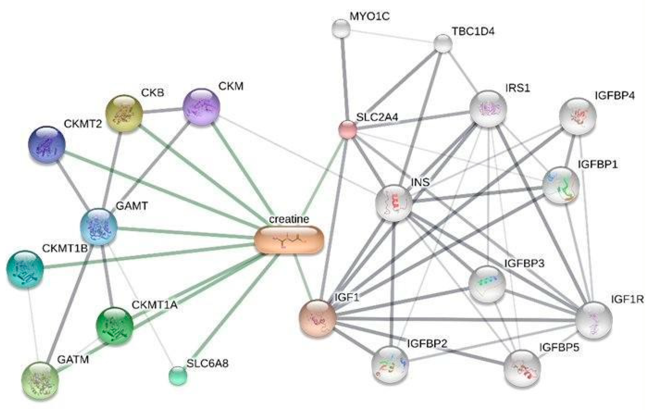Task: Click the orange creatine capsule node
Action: [289, 240]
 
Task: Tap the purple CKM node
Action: [201, 107]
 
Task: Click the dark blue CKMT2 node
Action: [47, 144]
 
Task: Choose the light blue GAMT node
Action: [99, 226]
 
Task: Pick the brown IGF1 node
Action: [318, 318]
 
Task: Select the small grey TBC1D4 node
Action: [443, 43]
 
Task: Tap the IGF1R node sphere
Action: [594, 320]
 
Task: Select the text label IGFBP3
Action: [524, 263]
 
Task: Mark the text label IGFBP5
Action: [559, 347]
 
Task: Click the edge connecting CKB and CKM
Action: [162, 110]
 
